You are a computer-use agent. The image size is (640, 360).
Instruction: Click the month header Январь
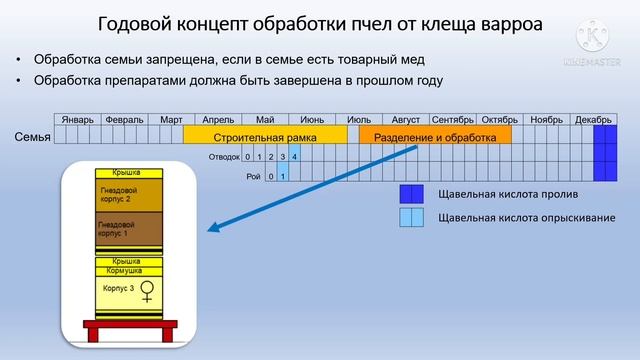[77, 119]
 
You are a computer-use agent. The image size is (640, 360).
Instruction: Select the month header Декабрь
[593, 119]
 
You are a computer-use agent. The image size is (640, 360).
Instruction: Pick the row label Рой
[252, 176]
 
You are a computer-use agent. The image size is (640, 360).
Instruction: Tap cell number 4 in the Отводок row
[294, 157]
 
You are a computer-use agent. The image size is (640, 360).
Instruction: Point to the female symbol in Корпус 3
[147, 293]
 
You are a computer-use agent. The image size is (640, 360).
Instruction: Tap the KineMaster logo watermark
[598, 39]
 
